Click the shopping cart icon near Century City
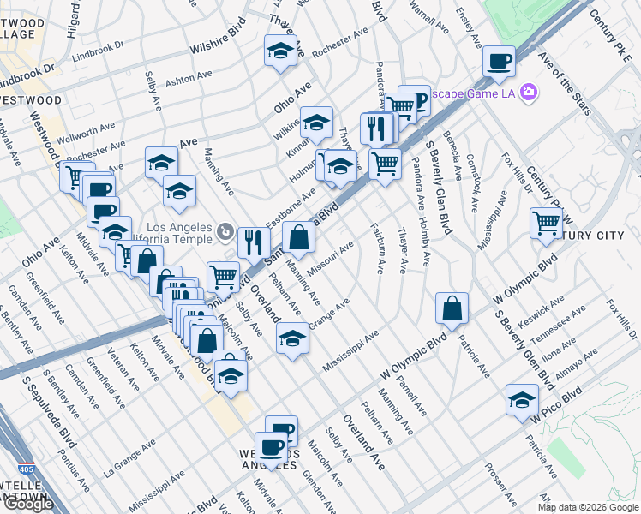(546, 224)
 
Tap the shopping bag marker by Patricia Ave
(452, 309)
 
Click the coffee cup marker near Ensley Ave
(499, 62)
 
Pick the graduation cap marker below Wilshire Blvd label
(280, 51)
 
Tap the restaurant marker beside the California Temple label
(253, 242)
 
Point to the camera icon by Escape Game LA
(529, 92)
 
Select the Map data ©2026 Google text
(588, 507)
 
